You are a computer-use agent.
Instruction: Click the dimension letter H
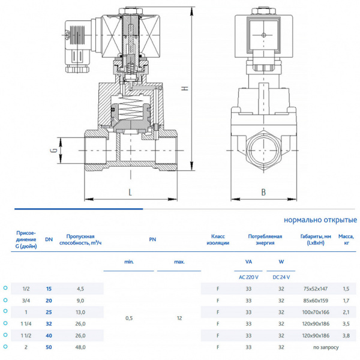(x=185, y=88)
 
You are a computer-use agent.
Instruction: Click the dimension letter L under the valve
(x=130, y=192)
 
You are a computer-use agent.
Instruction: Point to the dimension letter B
(x=263, y=192)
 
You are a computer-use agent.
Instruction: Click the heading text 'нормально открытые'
(x=320, y=220)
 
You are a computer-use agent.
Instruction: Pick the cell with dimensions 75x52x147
(x=315, y=289)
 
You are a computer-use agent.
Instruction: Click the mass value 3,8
(x=346, y=335)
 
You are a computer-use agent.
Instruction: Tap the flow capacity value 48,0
(x=80, y=347)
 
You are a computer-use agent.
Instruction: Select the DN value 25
(x=49, y=312)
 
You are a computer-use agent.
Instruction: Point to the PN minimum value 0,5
(x=129, y=318)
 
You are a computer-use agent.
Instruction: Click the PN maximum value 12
(x=179, y=318)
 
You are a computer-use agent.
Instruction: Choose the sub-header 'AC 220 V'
(x=248, y=277)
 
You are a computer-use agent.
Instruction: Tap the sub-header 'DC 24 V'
(x=281, y=277)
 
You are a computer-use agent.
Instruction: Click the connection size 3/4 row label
(x=25, y=300)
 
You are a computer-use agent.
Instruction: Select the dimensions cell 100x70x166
(x=315, y=312)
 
